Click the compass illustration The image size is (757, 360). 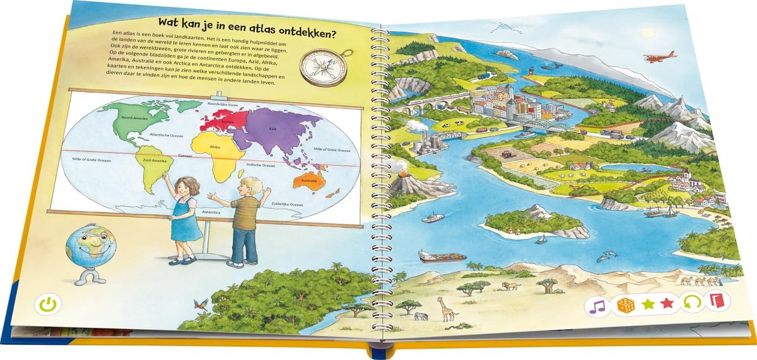click(319, 65)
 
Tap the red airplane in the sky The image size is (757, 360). click(659, 57)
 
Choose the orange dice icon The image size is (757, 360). click(625, 305)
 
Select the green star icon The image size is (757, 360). click(647, 305)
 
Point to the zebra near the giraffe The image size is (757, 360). click(423, 315)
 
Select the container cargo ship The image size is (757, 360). click(442, 256)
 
